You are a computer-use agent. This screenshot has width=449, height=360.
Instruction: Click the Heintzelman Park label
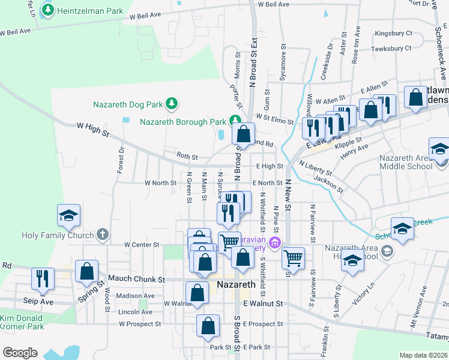(90, 11)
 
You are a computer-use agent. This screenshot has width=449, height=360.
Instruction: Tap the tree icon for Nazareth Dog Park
(172, 104)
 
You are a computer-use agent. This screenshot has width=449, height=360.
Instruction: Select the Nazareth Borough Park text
(182, 121)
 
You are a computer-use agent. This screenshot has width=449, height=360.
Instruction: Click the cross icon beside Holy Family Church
(103, 235)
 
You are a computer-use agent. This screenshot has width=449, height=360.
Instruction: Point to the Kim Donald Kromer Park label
(22, 322)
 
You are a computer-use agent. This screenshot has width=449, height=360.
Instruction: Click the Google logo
(20, 353)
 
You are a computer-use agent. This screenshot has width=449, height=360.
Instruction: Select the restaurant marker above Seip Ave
(43, 278)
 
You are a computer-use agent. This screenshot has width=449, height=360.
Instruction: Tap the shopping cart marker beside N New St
(292, 258)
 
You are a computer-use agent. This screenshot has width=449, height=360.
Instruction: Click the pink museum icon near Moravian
(275, 242)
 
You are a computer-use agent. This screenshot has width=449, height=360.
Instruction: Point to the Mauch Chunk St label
(136, 280)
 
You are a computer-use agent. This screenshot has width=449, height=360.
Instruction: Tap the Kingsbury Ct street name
(393, 34)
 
